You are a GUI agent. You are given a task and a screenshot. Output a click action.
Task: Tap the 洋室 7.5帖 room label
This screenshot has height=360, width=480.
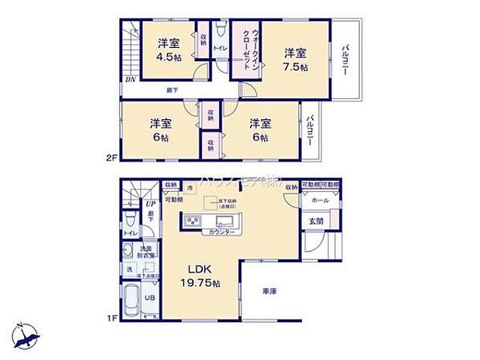pyautogui.click(x=294, y=60)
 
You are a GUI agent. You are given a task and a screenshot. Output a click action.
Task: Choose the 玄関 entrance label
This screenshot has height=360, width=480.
pyautogui.click(x=318, y=221)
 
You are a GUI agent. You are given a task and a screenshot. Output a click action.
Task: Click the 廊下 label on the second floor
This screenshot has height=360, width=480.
pyautogui.click(x=172, y=91)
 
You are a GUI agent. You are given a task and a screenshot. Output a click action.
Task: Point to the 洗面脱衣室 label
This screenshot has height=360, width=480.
pyautogui.click(x=148, y=252)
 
